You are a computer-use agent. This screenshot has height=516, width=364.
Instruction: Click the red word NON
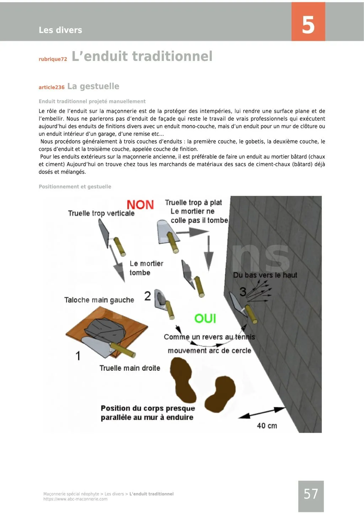(x=140, y=205)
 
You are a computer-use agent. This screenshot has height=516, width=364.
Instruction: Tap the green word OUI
(x=205, y=318)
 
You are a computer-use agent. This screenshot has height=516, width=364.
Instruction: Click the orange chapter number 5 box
(x=308, y=22)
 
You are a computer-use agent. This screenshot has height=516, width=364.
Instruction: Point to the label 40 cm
(x=267, y=426)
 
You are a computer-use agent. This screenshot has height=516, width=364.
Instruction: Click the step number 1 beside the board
(x=78, y=355)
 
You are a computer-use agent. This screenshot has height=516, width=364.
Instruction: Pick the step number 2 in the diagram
(x=148, y=296)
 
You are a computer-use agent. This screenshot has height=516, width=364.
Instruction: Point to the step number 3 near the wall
(x=243, y=292)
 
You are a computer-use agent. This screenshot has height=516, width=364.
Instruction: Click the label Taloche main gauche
(x=99, y=300)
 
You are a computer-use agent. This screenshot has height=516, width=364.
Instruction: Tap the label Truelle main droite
(x=130, y=368)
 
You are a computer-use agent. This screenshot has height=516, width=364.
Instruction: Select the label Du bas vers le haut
(x=265, y=275)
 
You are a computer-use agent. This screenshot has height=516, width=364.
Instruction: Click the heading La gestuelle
(x=93, y=86)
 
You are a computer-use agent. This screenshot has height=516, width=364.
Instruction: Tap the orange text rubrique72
(x=53, y=59)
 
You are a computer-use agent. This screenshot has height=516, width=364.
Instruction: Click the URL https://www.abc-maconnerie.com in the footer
(x=75, y=499)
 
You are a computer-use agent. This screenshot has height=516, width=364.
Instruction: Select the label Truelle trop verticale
(x=101, y=213)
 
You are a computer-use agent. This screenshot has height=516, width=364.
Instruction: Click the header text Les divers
(x=60, y=30)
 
